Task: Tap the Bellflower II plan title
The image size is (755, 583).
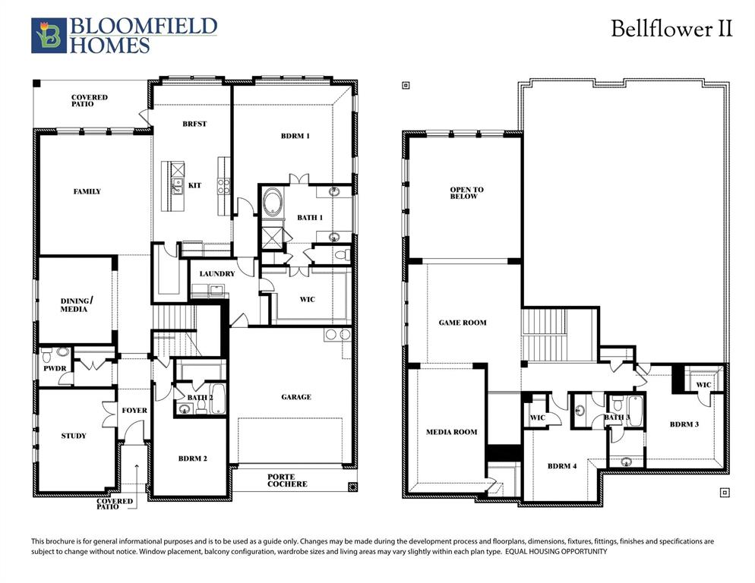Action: point(672,30)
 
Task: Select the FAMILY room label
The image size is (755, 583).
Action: point(87,191)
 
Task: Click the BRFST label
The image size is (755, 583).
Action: point(194,124)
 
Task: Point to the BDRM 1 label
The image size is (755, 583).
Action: point(295,136)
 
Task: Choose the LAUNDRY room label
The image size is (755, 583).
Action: point(216,273)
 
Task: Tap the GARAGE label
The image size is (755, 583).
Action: point(296,396)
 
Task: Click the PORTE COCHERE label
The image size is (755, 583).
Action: point(287,481)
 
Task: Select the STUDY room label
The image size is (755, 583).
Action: point(74,436)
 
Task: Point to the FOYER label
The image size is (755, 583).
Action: point(134,411)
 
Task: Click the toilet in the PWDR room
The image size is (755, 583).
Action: point(49,354)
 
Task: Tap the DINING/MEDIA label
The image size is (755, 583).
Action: point(74,305)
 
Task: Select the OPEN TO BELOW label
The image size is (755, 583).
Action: point(466,193)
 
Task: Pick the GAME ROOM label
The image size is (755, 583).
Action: point(463,323)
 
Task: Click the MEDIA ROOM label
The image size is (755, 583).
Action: point(451,432)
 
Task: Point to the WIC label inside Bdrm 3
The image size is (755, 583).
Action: point(703,385)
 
